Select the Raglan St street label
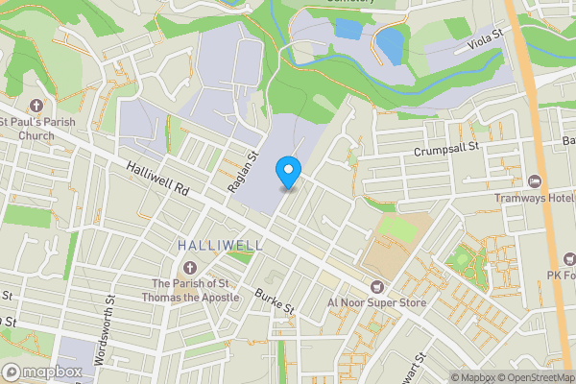coord(244,171)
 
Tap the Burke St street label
coord(275,300)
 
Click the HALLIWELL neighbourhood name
coord(220,246)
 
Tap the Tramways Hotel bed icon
coord(535,180)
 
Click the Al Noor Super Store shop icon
coord(376,285)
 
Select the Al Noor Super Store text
coord(375,302)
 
